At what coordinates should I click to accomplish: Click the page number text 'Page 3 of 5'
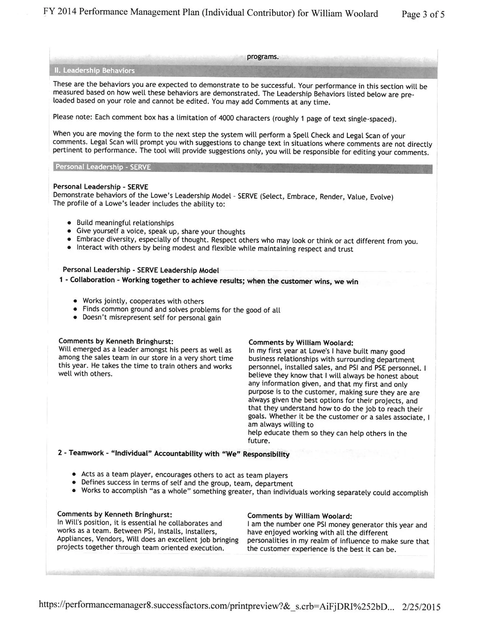pyautogui.click(x=423, y=14)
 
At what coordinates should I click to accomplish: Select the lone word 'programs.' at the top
pyautogui.click(x=262, y=57)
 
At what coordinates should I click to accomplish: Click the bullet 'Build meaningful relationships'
pyautogui.click(x=125, y=223)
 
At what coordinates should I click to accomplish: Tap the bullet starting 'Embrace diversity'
pyautogui.click(x=247, y=240)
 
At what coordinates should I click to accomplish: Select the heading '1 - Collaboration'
pyautogui.click(x=87, y=280)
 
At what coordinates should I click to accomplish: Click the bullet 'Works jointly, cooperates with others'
pyautogui.click(x=143, y=301)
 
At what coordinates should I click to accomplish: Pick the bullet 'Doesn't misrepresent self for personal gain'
pyautogui.click(x=152, y=318)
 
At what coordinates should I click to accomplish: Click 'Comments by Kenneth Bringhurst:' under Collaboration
pyautogui.click(x=116, y=341)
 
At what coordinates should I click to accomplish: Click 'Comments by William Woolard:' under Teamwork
pyautogui.click(x=299, y=516)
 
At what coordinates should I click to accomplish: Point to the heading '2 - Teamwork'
pyautogui.click(x=81, y=453)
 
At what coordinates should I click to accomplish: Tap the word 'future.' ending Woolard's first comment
pyautogui.click(x=259, y=441)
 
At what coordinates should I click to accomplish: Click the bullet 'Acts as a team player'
pyautogui.click(x=184, y=475)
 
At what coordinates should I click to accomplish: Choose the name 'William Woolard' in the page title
pyautogui.click(x=344, y=13)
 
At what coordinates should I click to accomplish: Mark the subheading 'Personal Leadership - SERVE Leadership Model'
pyautogui.click(x=141, y=270)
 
